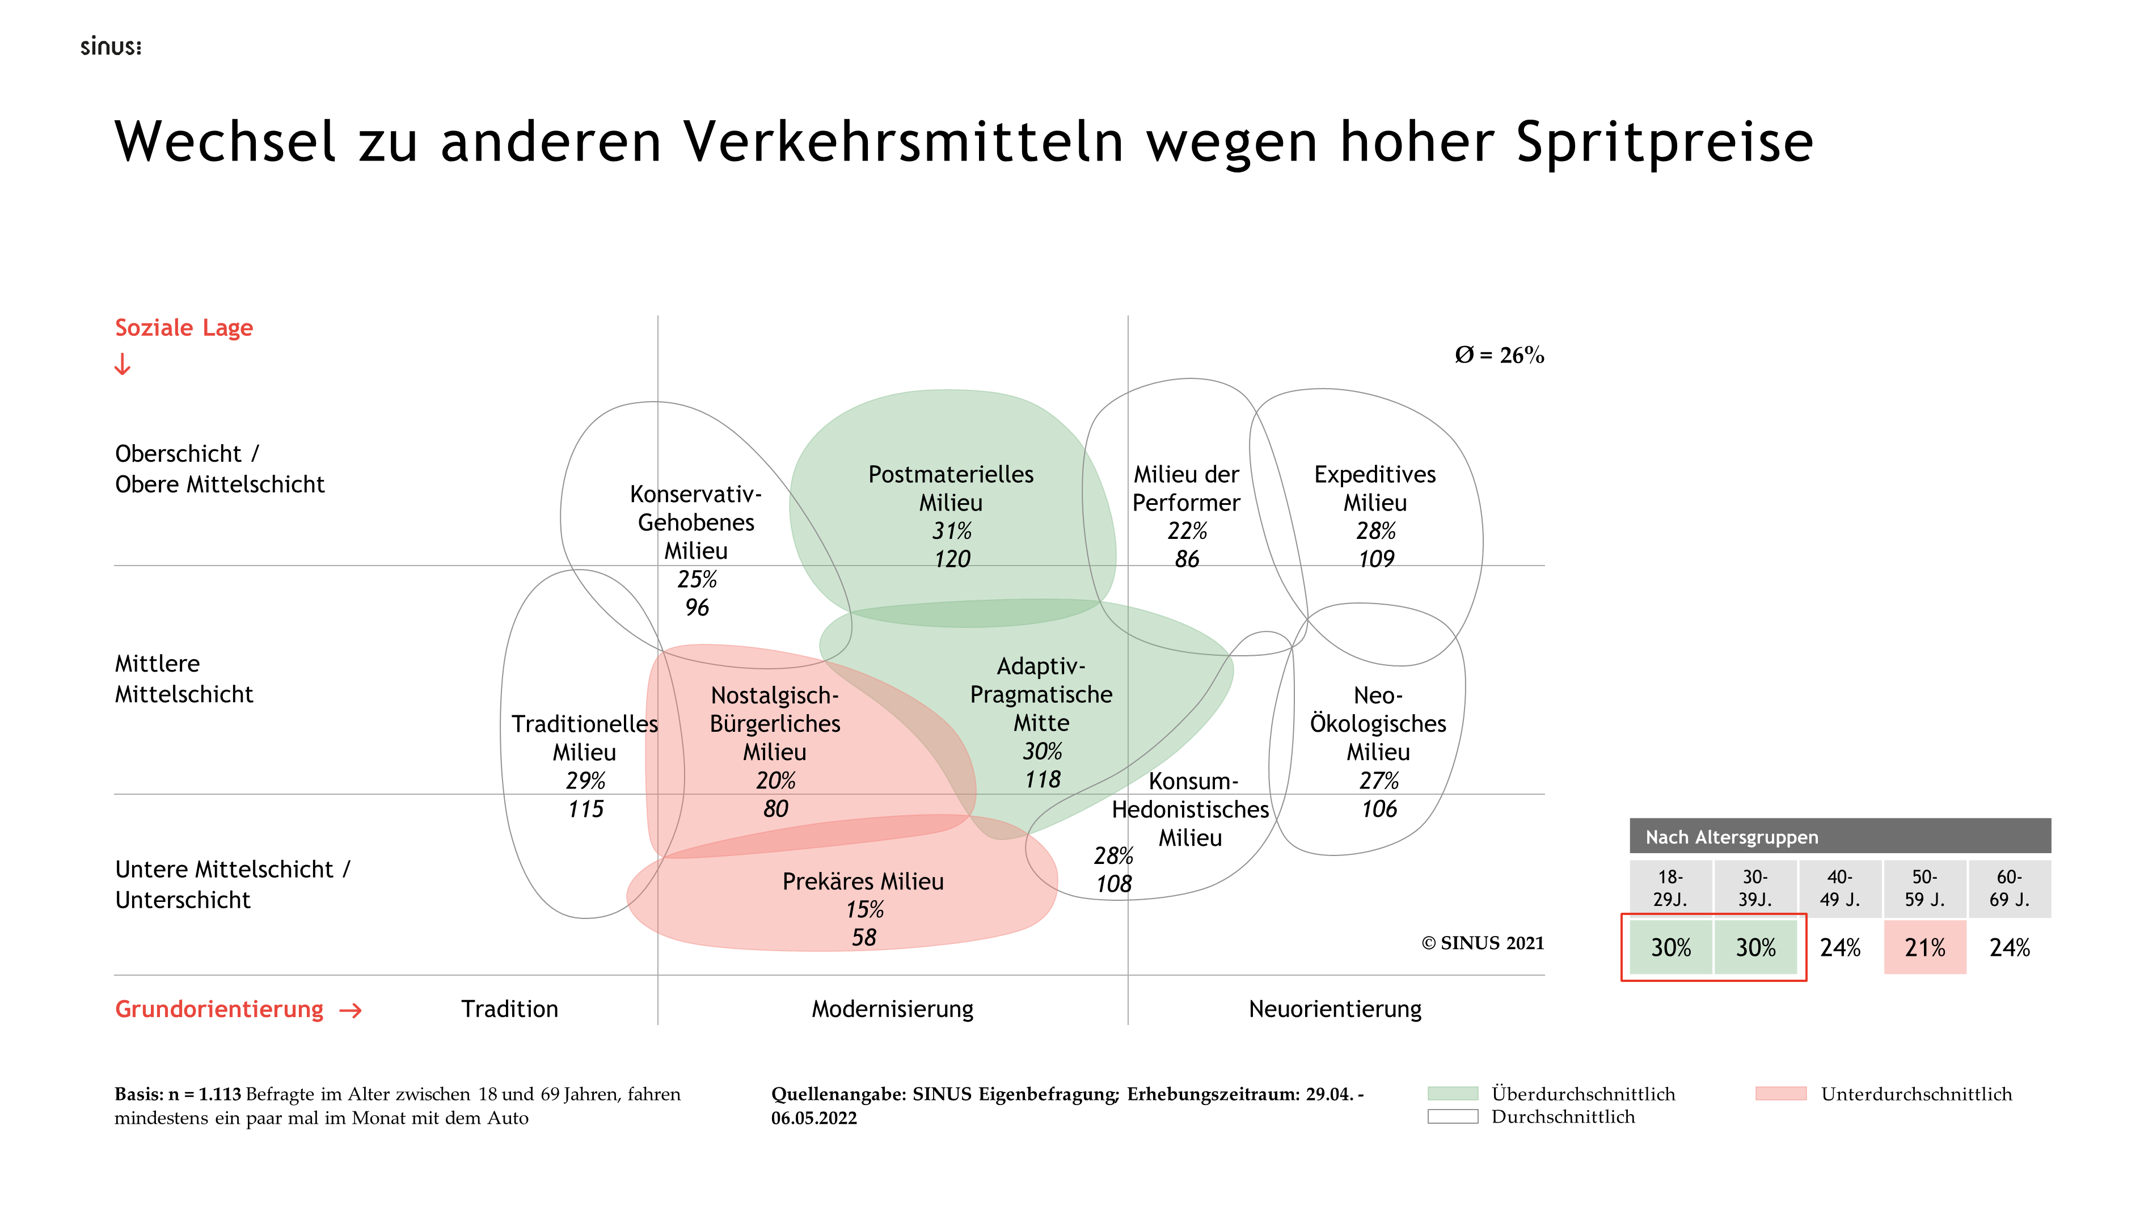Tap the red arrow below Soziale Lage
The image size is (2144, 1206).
[123, 365]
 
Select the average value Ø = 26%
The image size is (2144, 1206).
[1499, 356]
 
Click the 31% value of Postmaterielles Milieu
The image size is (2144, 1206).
[951, 531]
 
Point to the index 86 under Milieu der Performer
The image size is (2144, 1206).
[1187, 559]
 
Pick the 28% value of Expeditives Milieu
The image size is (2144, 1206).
[1376, 531]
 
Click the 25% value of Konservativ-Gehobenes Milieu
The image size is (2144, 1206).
[697, 579]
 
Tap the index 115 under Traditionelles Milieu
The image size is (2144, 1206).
[585, 809]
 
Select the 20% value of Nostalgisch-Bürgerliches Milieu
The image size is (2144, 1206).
[775, 781]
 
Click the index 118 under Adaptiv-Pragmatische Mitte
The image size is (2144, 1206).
[1042, 780]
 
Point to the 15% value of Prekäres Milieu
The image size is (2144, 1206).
[864, 910]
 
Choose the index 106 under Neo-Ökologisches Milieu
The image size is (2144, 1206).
[1378, 809]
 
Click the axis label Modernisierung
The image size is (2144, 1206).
[892, 1010]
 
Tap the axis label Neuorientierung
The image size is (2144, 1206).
[1335, 1010]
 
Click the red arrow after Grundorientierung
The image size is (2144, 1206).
[351, 1010]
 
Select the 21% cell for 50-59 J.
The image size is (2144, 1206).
[1924, 948]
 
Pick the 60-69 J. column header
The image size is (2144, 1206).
[2009, 888]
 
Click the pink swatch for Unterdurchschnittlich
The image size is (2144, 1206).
[1780, 1094]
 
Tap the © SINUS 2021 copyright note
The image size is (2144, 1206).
[1482, 943]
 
